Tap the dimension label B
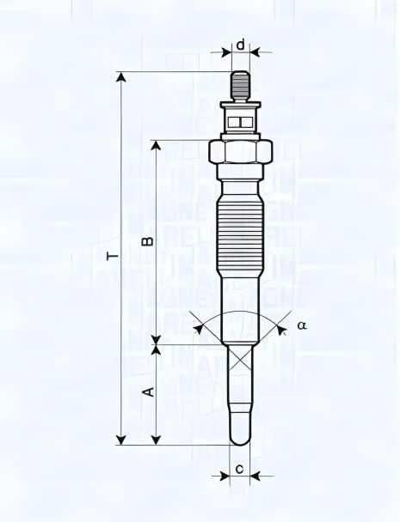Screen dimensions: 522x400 pos(147,240)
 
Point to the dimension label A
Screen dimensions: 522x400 pos(147,391)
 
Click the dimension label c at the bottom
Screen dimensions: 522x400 pos(240,469)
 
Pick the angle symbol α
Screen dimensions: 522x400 pos(302,325)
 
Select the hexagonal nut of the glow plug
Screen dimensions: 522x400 pos(241,154)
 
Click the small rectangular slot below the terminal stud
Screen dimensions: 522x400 pos(241,121)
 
